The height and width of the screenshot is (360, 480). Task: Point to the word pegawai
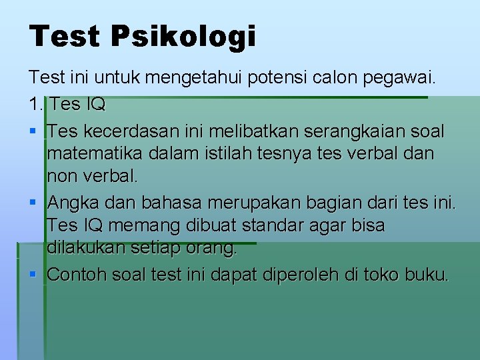click(x=399, y=79)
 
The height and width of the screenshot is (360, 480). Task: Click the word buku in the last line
click(x=425, y=274)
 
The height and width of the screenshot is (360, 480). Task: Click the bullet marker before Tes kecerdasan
click(x=33, y=130)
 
